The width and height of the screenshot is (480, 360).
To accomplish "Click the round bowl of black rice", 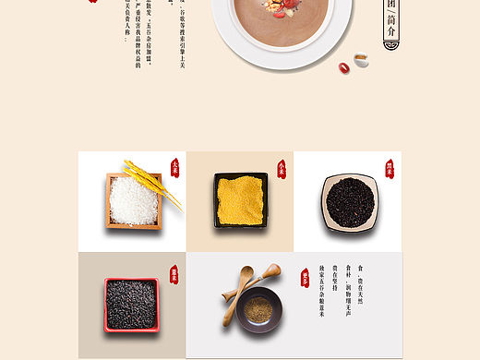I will click(x=349, y=201).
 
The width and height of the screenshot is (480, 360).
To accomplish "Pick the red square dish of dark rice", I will click(x=131, y=304).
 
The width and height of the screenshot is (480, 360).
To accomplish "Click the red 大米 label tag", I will click(x=174, y=168).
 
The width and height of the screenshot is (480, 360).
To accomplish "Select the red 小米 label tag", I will click(x=281, y=168).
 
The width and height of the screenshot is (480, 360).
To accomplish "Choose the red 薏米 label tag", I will click(x=174, y=274).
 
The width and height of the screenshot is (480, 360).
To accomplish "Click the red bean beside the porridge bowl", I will click(x=344, y=67).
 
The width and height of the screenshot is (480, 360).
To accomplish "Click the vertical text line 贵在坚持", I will click(x=335, y=278).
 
